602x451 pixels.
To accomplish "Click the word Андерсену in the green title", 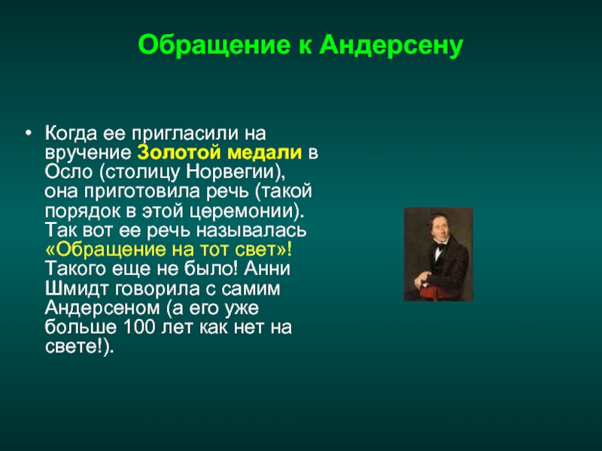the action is [x=391, y=45].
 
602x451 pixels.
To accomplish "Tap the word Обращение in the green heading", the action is [x=214, y=46].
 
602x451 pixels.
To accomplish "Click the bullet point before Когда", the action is [x=28, y=133].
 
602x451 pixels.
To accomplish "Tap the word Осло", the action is [x=68, y=172].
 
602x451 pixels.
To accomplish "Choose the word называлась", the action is [x=251, y=231].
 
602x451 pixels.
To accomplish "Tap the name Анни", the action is [x=267, y=268].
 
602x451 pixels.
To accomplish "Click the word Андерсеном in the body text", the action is [x=102, y=308].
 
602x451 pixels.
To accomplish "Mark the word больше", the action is [x=81, y=327].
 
